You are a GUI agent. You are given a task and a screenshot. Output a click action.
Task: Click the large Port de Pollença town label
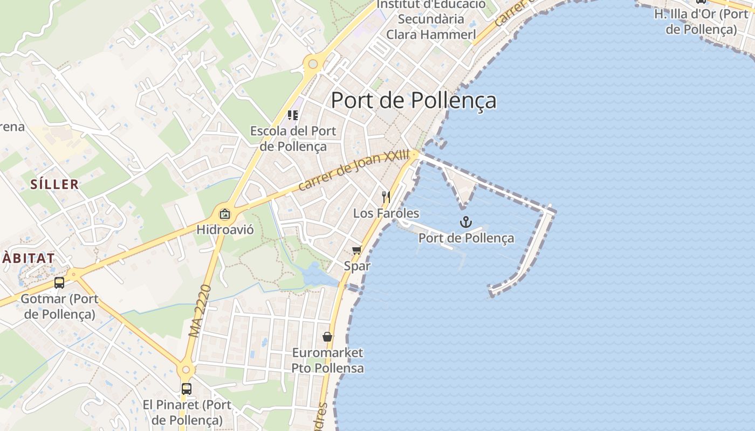click(413, 100)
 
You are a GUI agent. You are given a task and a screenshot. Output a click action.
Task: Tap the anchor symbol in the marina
click(465, 222)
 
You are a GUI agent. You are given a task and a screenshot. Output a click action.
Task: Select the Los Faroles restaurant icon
click(386, 197)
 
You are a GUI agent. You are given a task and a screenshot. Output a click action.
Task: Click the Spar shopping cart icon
click(356, 250)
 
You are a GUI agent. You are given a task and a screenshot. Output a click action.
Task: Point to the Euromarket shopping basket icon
click(327, 337)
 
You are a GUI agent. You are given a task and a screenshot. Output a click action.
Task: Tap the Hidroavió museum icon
click(225, 214)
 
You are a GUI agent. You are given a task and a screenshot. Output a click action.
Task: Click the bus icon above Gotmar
click(59, 282)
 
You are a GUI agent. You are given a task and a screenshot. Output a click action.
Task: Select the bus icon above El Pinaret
click(186, 388)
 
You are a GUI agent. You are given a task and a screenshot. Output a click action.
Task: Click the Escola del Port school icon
click(293, 115)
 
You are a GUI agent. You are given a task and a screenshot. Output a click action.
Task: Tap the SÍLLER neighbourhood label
click(54, 184)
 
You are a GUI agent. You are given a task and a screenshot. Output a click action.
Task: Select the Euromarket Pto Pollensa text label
click(328, 361)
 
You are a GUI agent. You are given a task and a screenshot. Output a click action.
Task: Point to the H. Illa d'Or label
click(701, 22)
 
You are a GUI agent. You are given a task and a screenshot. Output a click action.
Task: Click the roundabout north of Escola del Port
click(313, 64)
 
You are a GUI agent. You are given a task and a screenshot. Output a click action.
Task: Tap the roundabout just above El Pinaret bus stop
click(186, 370)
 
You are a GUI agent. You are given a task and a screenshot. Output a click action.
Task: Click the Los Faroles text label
click(386, 213)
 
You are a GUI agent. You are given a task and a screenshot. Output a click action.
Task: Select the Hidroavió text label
click(225, 230)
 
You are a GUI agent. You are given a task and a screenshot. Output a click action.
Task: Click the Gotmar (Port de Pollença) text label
click(59, 306)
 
